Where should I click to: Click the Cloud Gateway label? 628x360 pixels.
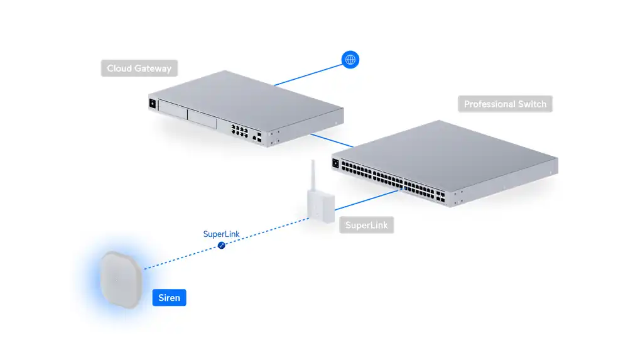click(x=139, y=68)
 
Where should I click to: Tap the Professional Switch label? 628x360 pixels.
click(x=505, y=104)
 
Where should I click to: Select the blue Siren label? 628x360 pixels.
click(x=169, y=297)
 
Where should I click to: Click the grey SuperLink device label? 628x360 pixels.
click(x=367, y=225)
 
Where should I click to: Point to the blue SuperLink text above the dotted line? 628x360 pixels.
click(x=221, y=234)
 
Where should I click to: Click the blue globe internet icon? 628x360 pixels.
click(x=350, y=60)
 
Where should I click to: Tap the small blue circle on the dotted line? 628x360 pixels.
click(x=221, y=246)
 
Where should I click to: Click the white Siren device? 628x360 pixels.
click(x=121, y=278)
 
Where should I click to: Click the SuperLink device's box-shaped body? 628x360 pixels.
click(x=320, y=205)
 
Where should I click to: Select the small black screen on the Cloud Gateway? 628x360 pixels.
click(x=151, y=104)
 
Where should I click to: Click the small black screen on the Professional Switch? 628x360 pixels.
click(x=335, y=164)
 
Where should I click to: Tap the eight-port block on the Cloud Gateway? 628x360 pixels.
click(x=240, y=130)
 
